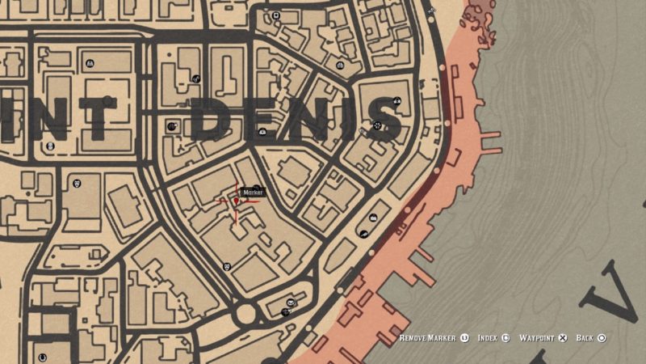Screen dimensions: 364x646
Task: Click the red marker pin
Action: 237,201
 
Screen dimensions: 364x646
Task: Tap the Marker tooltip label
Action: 253,193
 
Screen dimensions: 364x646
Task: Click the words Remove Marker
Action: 429,338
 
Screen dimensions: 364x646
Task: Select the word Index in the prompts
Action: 487,338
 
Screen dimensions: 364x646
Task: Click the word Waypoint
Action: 536,338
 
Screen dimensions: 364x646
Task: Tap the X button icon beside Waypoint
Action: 563,338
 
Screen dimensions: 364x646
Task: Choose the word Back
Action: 585,338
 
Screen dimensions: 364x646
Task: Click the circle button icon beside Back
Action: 602,338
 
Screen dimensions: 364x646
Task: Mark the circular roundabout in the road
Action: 245,312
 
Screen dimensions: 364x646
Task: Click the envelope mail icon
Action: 287,311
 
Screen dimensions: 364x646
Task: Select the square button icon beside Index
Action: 505,338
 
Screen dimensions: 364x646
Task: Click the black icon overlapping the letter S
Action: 377,125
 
